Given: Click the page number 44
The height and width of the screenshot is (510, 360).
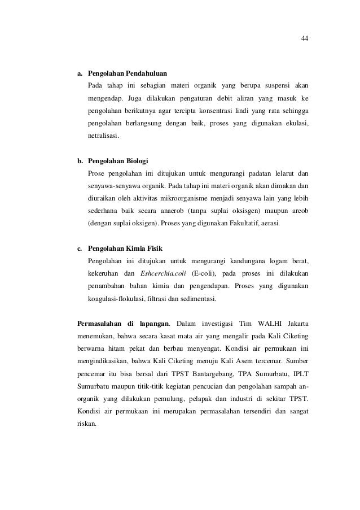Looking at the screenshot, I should tap(305, 39).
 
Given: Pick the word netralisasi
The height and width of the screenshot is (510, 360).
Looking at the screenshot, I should tap(104, 136).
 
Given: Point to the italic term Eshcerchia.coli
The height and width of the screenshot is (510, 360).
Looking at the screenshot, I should tap(163, 274).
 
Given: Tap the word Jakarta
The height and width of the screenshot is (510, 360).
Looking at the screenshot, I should tap(295, 324).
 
